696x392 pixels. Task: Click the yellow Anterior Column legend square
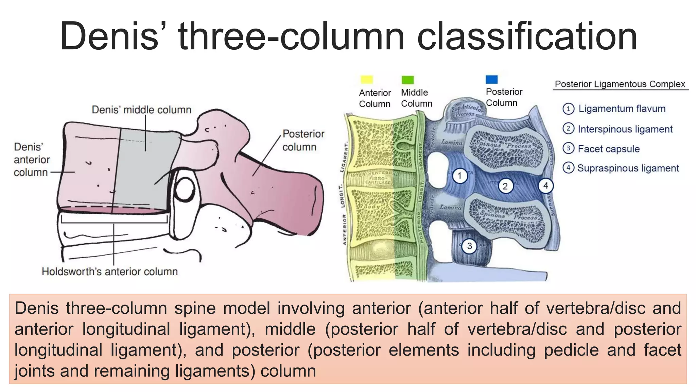367,80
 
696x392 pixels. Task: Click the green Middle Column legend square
407,80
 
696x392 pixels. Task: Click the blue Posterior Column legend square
492,79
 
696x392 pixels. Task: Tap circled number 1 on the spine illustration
460,176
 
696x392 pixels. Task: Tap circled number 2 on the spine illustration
505,186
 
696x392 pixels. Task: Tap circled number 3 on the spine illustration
469,246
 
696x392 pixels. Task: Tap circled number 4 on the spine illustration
545,186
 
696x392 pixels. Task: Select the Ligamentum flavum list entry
622,109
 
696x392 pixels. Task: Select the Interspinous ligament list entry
625,129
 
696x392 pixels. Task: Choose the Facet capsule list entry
608,149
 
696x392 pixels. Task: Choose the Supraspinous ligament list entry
628,168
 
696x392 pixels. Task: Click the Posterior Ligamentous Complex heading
620,84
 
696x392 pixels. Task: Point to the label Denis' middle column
141,110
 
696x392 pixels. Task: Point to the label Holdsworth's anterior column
109,272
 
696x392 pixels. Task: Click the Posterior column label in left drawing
303,140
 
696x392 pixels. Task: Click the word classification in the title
526,36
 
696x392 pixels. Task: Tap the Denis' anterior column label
31,160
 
